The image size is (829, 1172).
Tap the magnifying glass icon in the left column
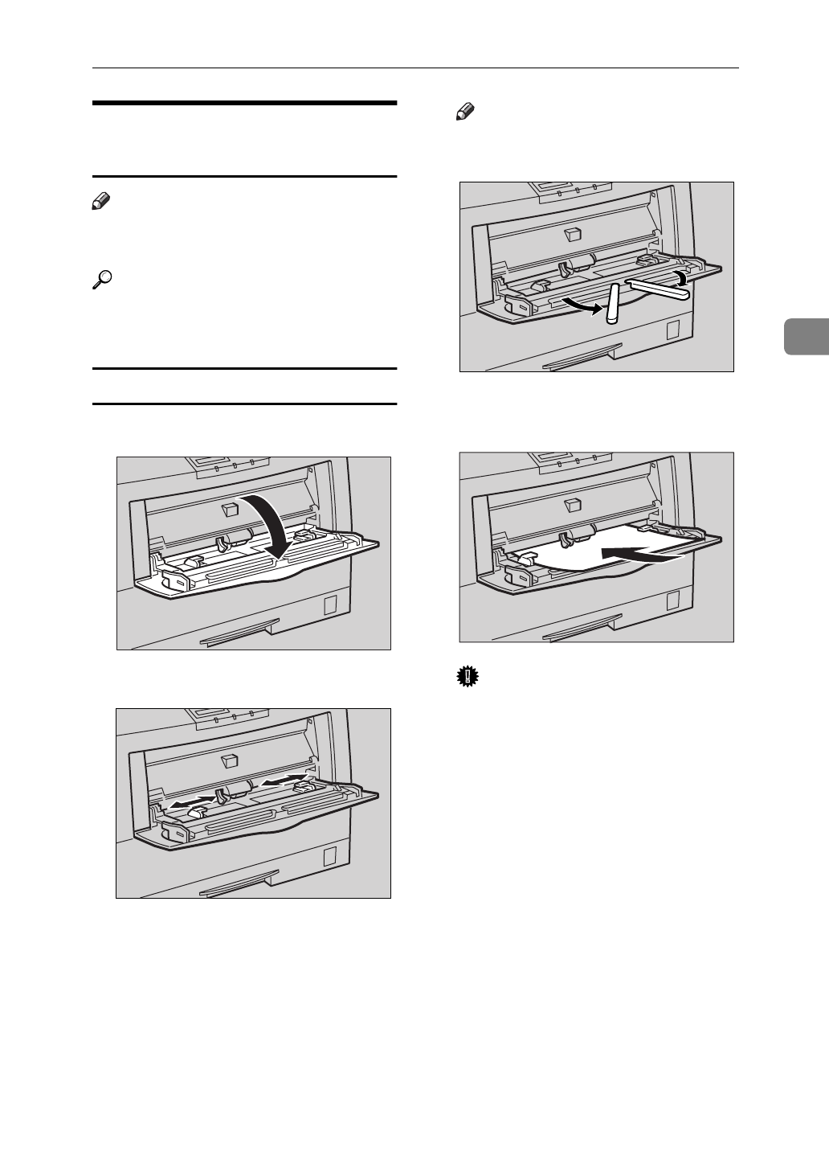tap(101, 279)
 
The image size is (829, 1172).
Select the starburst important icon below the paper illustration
tap(464, 678)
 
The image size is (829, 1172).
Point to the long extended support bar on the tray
tap(657, 289)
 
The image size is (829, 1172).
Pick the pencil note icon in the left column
tap(101, 206)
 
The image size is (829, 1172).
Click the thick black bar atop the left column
tap(244, 103)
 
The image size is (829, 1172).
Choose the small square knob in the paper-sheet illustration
tap(573, 504)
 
